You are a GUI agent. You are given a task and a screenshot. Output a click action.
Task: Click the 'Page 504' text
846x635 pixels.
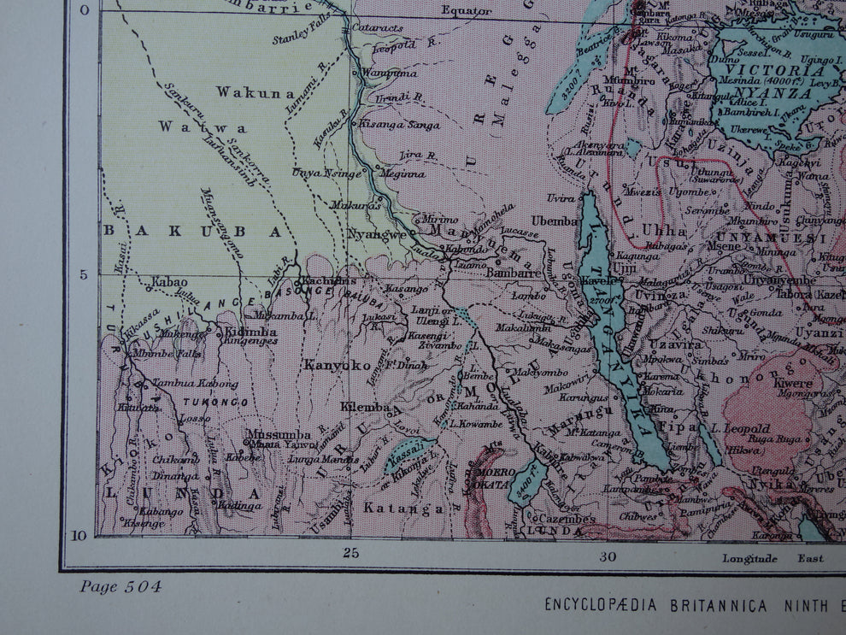point(120,586)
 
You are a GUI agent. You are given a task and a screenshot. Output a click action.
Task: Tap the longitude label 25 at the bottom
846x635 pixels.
point(350,553)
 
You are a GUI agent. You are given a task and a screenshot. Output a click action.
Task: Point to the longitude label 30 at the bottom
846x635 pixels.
point(607,557)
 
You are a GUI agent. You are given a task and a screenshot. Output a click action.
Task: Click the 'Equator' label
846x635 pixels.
point(467,11)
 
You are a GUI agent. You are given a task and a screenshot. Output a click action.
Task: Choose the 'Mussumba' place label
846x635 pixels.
point(278,434)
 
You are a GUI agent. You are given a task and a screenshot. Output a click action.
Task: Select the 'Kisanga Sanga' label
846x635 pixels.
point(399,125)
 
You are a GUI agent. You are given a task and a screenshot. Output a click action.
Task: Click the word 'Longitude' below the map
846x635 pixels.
point(750,558)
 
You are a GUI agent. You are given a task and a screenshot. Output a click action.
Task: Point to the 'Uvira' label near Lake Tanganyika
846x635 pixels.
point(561,197)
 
